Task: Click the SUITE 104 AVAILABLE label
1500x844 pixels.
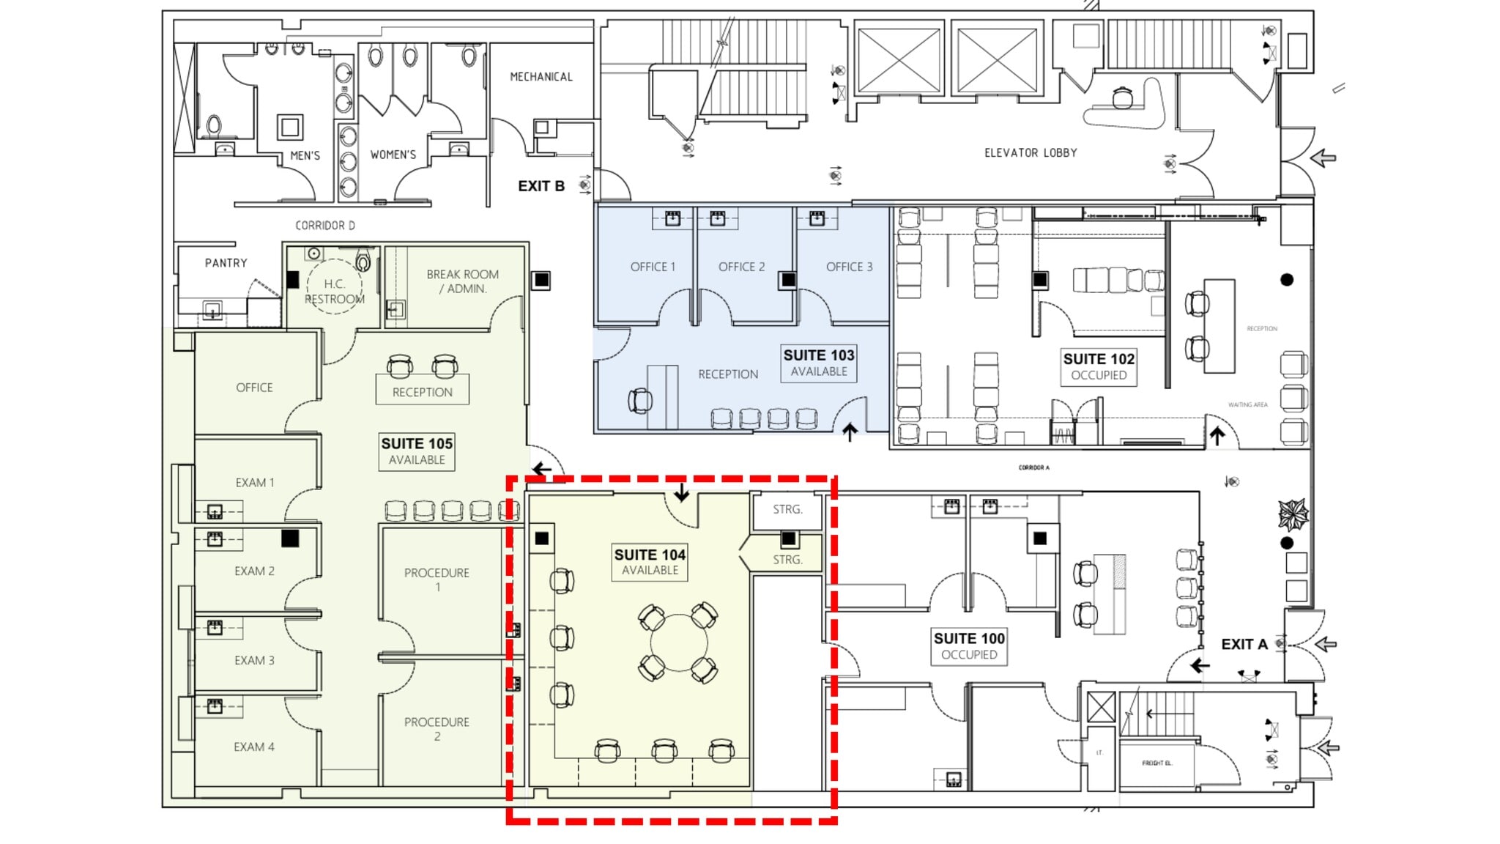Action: click(x=650, y=562)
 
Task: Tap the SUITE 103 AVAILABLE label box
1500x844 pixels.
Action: click(x=819, y=363)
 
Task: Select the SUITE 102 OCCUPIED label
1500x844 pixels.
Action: click(x=1099, y=366)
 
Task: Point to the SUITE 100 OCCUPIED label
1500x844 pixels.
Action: click(x=969, y=646)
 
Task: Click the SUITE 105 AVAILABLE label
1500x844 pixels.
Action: click(x=417, y=451)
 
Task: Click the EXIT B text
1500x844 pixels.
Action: click(x=541, y=186)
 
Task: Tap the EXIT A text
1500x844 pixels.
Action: click(x=1244, y=645)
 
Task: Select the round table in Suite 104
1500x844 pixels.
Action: click(x=679, y=643)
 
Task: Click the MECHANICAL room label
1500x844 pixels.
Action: click(x=541, y=77)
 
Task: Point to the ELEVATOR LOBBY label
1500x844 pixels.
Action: click(x=1031, y=153)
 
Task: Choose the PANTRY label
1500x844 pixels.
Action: click(x=226, y=263)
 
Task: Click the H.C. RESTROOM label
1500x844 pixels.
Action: click(x=335, y=292)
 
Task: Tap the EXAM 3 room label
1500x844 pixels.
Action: click(x=254, y=661)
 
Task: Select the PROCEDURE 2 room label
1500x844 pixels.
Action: click(x=437, y=729)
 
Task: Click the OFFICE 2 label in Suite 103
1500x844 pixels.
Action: click(x=741, y=267)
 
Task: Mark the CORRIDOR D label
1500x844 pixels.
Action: click(x=325, y=226)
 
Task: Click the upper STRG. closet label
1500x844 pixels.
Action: click(x=787, y=509)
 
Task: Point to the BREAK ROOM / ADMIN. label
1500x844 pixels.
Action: click(x=462, y=281)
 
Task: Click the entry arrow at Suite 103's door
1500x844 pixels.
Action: click(x=850, y=432)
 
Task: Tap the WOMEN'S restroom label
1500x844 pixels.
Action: click(x=393, y=155)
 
